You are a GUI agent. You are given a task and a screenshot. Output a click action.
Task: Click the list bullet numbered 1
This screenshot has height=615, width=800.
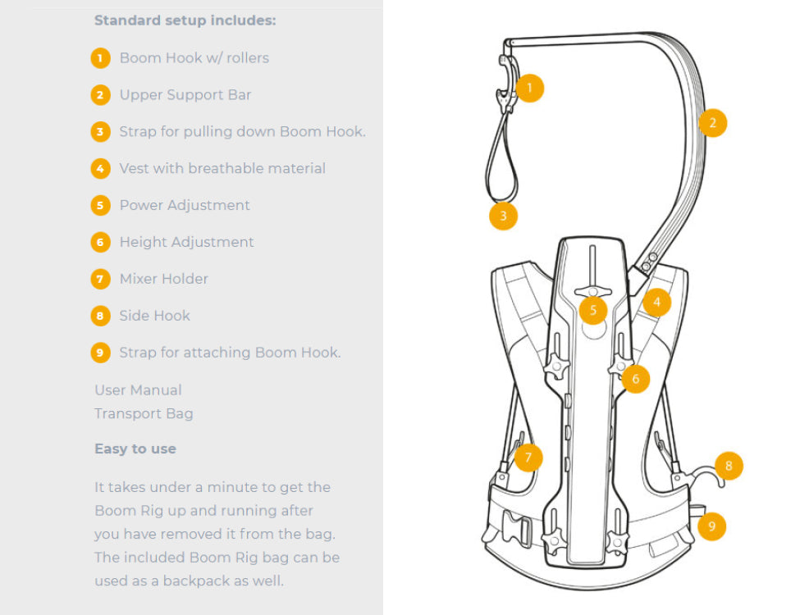point(100,58)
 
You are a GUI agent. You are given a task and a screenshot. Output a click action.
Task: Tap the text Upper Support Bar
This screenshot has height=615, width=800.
point(185,95)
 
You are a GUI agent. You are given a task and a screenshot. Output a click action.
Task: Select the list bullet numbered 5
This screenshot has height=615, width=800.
point(100,205)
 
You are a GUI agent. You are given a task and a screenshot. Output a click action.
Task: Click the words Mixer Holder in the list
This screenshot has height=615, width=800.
point(164,279)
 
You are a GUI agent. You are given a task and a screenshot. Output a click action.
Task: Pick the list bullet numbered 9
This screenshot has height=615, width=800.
point(100,353)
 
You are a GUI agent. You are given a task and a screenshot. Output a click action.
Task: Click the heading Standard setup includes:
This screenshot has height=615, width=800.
point(185,20)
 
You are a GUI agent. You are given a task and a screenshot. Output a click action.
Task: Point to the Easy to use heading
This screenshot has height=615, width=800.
point(135,449)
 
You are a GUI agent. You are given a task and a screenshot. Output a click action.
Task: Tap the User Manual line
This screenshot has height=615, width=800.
point(138,390)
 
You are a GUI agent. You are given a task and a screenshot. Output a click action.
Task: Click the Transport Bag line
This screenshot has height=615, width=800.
point(144,413)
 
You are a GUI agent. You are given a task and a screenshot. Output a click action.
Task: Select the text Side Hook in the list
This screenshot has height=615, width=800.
point(155,316)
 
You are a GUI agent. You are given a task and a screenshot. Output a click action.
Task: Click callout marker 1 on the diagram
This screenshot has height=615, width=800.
point(530,88)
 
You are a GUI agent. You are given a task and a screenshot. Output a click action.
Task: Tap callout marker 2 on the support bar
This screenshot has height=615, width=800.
point(713,123)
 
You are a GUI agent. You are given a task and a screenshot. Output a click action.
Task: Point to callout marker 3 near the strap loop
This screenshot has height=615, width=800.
point(503,216)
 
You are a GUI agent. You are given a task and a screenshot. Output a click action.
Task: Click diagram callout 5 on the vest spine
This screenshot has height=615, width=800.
point(592,310)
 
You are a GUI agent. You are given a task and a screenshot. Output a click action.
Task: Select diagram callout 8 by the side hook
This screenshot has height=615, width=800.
point(729,467)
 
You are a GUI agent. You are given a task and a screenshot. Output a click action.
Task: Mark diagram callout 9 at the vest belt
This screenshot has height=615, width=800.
point(711,526)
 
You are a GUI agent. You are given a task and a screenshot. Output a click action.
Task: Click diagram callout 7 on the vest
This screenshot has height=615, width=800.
point(529,457)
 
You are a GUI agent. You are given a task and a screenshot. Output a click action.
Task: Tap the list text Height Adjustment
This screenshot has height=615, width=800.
point(187,242)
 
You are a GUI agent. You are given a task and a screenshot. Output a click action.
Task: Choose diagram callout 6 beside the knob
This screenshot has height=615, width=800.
point(635,379)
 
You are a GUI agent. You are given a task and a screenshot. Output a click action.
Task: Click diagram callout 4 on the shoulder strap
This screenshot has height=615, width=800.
point(656,302)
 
